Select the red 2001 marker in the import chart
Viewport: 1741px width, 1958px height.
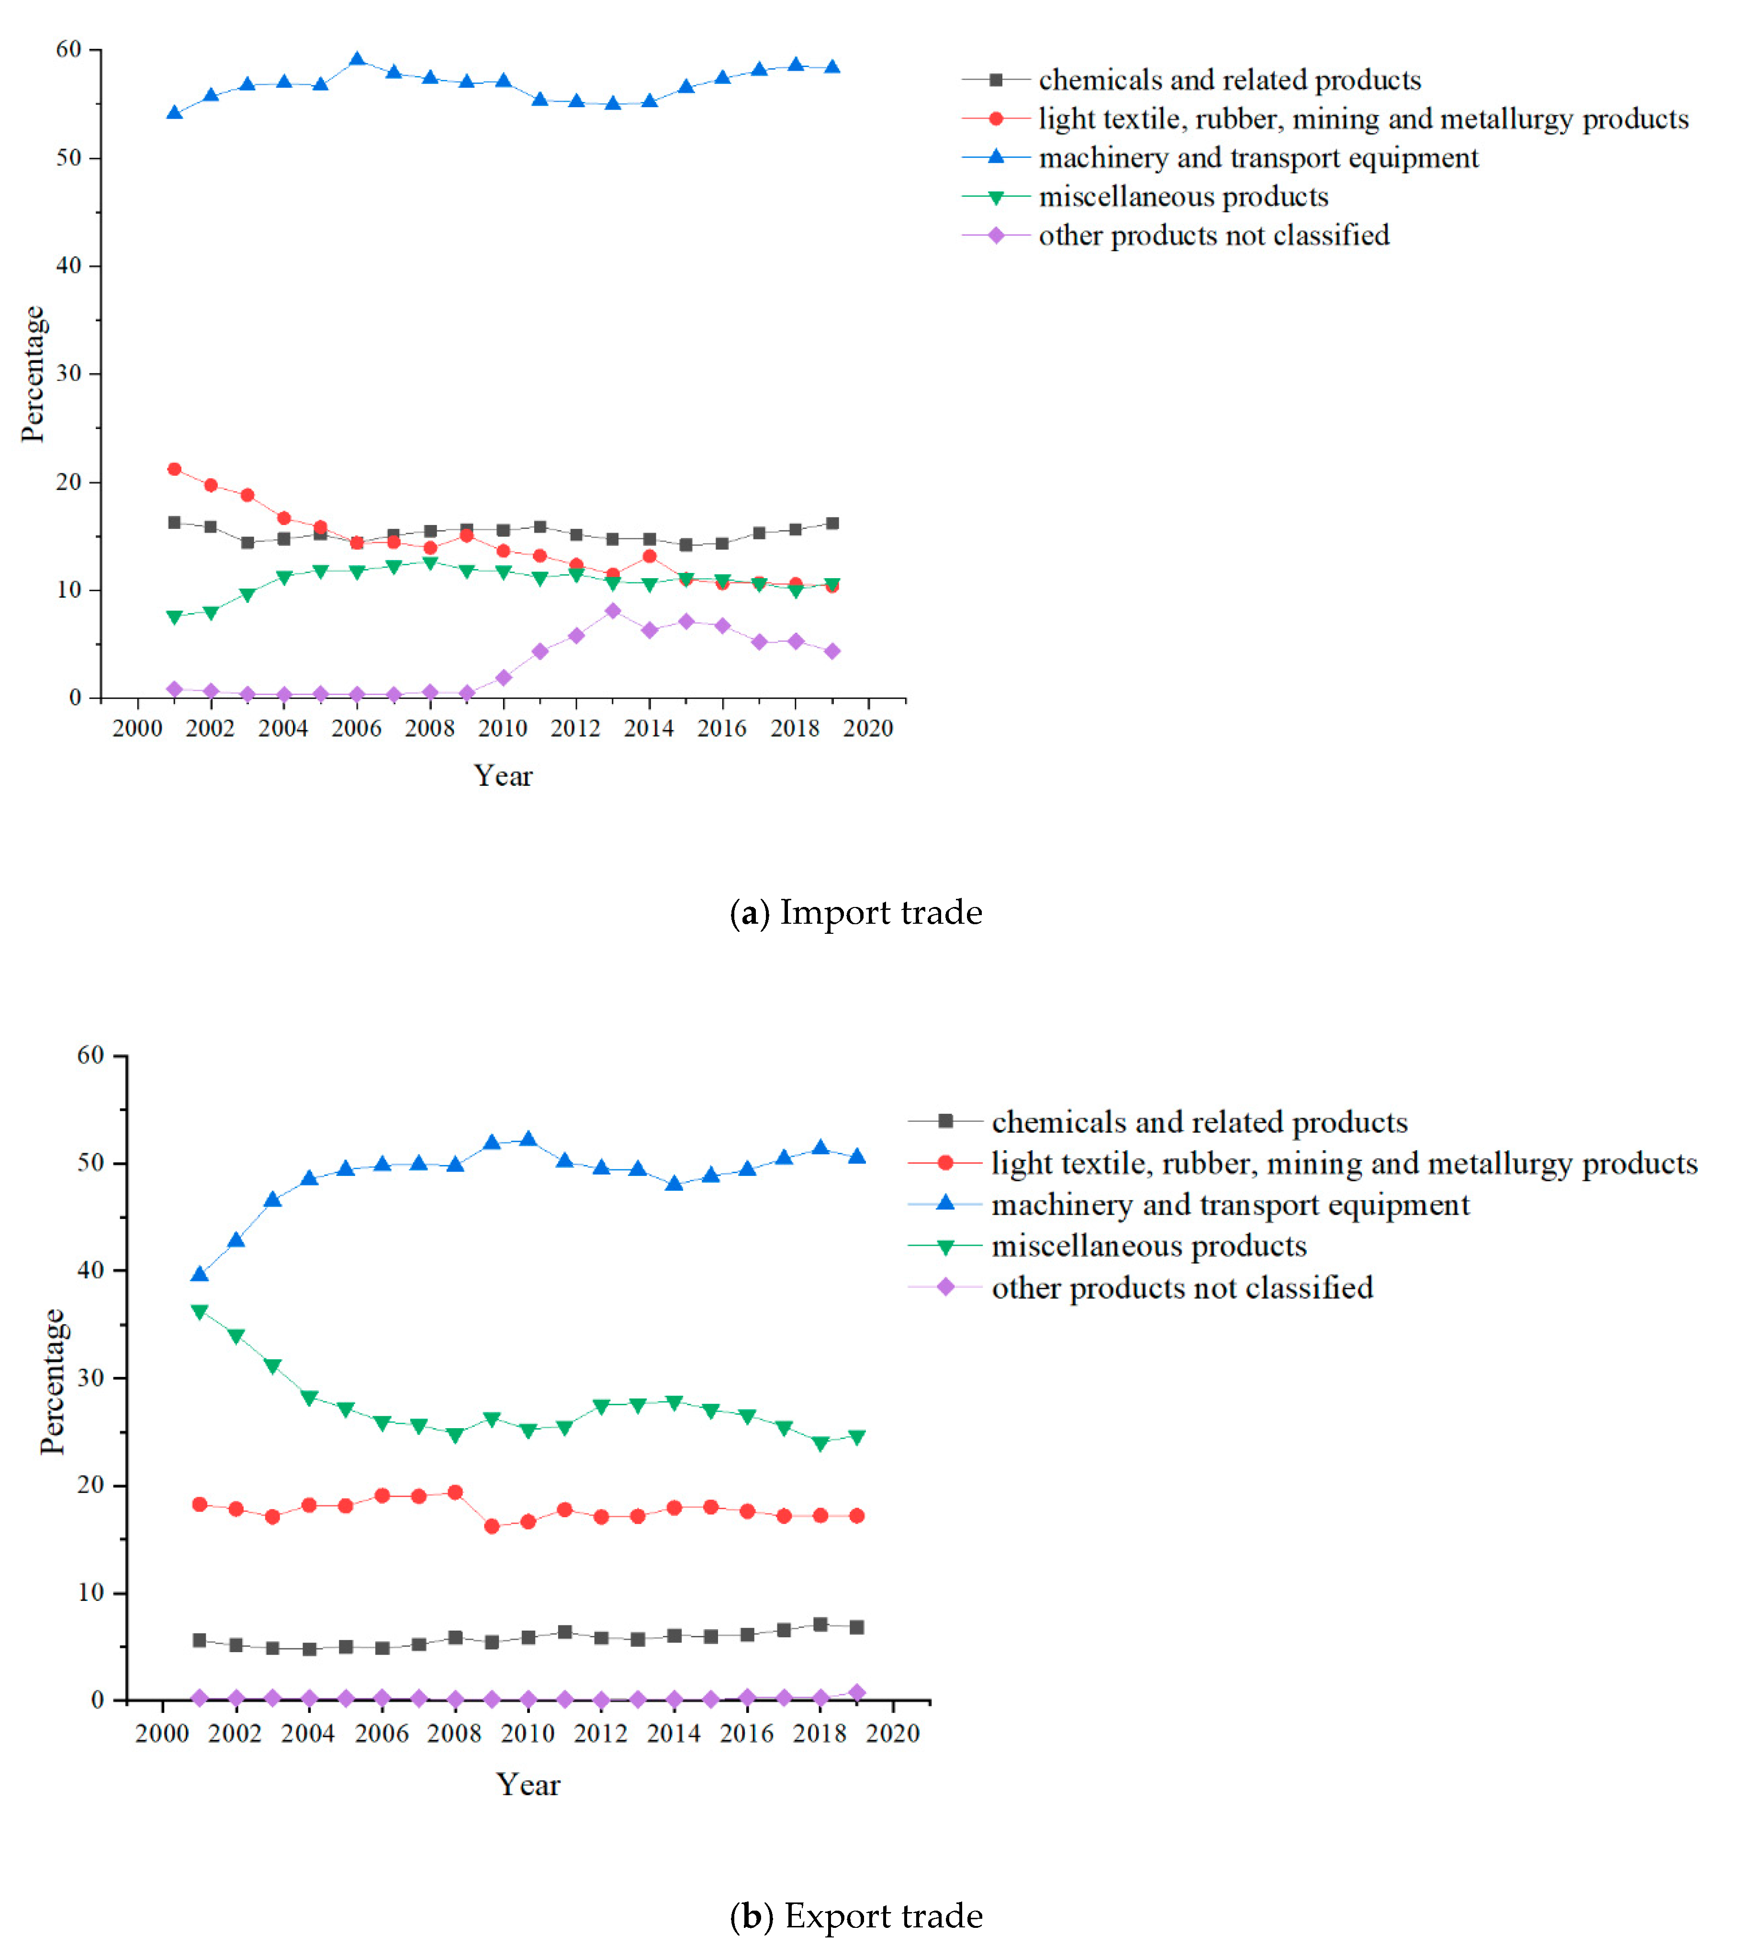point(174,470)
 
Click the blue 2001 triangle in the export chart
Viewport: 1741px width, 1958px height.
point(199,1274)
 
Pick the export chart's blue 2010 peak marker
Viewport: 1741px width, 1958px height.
point(528,1139)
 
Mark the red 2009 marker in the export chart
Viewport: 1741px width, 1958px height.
point(492,1527)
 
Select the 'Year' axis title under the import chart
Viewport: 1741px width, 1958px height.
point(503,776)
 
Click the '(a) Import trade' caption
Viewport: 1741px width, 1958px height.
point(855,913)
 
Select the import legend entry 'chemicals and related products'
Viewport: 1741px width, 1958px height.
point(1229,79)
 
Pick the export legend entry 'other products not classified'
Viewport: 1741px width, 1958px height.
point(1181,1287)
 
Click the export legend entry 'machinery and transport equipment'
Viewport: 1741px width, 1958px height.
point(1229,1204)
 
